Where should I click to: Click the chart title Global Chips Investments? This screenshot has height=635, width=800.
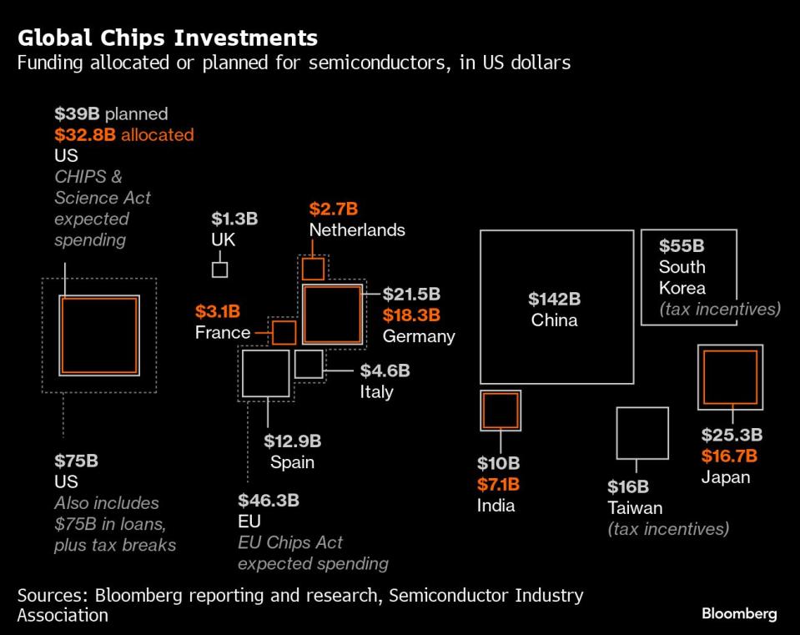tap(167, 38)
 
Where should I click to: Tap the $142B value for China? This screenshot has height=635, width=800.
tap(554, 300)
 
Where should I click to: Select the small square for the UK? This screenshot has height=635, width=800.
tap(219, 270)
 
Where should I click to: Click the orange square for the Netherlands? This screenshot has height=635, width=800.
tap(313, 270)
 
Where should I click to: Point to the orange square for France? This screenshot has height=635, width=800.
tap(284, 332)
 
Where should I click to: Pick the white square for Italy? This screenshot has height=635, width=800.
tap(309, 364)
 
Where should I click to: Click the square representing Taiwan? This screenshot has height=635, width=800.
tap(642, 433)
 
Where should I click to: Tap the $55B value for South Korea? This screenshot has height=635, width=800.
tap(682, 246)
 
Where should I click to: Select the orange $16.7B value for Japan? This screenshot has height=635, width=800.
tap(729, 456)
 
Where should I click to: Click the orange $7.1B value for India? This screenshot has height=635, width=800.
tap(498, 484)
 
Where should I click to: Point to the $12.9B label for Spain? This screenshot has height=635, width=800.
tap(292, 441)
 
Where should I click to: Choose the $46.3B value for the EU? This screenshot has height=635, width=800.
tap(269, 501)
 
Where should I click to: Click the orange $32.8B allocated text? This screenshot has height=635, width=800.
tap(124, 134)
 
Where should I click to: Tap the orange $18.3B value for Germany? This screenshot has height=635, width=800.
tap(411, 315)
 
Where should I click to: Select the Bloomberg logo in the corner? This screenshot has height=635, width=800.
tap(738, 614)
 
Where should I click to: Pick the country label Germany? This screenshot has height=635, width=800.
tap(419, 336)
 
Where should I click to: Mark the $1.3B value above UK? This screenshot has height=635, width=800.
tap(234, 219)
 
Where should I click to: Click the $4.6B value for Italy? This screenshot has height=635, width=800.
tap(385, 370)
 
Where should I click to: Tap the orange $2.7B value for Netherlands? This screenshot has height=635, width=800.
tap(333, 209)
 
